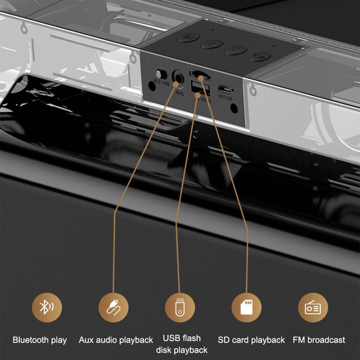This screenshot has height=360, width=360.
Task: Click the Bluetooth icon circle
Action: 46,307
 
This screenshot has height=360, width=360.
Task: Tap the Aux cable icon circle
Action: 113,307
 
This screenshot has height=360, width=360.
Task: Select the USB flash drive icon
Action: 180,307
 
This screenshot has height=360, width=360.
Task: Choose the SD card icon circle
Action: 246,307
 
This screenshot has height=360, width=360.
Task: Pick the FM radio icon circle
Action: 313,307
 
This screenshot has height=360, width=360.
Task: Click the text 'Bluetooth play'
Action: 40,340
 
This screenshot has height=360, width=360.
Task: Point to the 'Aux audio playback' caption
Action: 116,340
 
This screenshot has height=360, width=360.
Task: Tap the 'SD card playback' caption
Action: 252,340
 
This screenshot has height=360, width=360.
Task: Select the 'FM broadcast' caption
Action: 319,340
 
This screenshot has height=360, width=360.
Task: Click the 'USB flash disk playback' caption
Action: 182,344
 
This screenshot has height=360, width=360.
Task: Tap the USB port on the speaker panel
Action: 197,87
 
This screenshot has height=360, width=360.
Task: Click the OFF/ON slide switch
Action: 158,74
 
